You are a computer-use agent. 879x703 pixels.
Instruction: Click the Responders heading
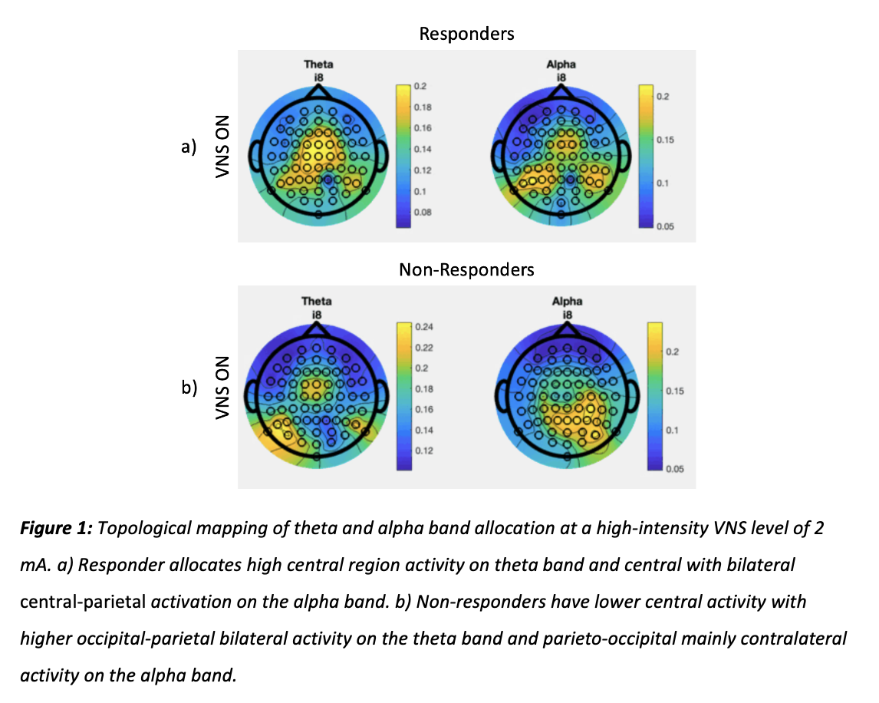(466, 34)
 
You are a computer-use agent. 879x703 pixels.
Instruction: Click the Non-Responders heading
(466, 269)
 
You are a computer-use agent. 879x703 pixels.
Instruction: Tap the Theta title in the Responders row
(318, 65)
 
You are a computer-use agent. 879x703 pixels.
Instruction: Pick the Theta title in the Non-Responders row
(317, 302)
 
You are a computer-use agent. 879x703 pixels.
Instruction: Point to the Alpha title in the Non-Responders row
(567, 302)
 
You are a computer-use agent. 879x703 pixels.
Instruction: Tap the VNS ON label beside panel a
(223, 147)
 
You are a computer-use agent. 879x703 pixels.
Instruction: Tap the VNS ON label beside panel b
(223, 388)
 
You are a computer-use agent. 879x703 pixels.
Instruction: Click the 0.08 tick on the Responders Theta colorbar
(423, 211)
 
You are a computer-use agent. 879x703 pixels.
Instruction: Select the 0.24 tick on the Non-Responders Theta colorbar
(423, 327)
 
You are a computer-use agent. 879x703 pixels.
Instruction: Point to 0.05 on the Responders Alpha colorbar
(664, 226)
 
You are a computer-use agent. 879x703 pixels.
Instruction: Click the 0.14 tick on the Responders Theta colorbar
(423, 149)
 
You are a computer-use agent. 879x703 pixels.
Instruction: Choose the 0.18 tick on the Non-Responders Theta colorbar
(423, 389)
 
